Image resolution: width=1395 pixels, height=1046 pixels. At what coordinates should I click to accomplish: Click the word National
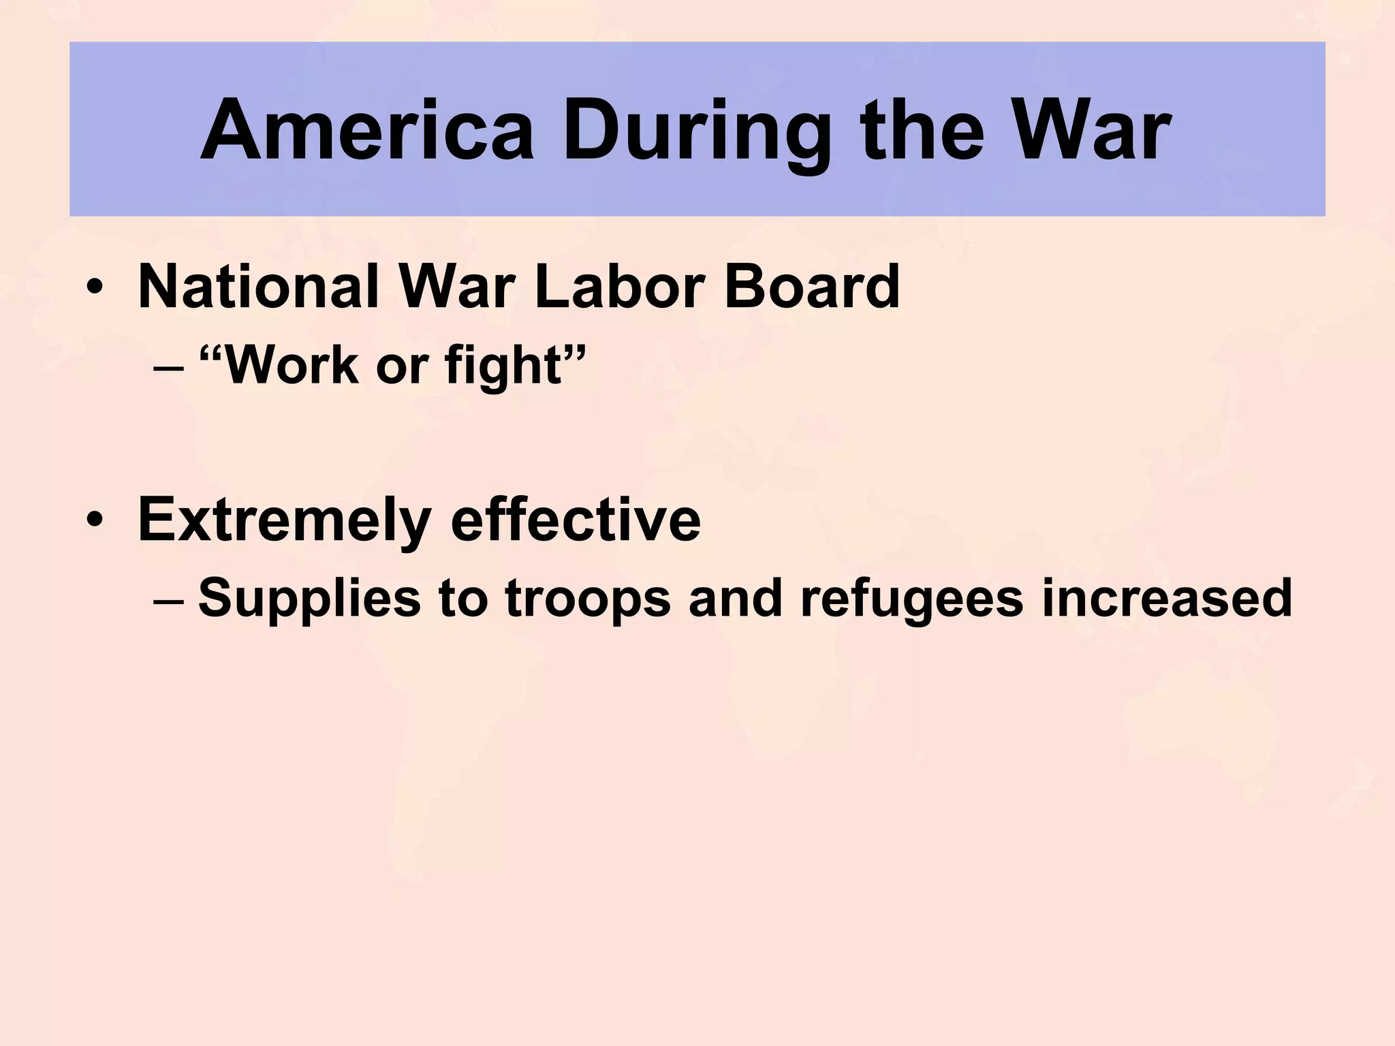258,286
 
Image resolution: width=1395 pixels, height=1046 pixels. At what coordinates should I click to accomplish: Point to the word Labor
619,286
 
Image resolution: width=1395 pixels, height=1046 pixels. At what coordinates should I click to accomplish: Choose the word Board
811,286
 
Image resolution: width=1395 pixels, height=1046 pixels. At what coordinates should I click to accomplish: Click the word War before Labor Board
456,286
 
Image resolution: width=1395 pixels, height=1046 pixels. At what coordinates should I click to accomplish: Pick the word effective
576,520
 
